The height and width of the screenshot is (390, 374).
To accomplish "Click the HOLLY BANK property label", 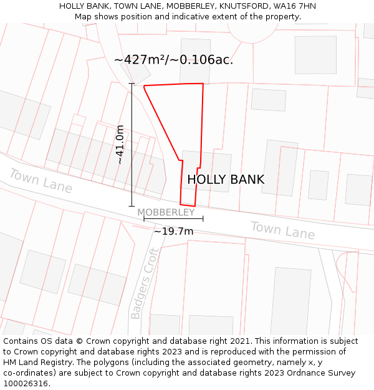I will [226, 180].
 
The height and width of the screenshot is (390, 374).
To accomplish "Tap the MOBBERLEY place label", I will [166, 212].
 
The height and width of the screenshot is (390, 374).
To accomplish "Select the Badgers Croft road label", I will [144, 283].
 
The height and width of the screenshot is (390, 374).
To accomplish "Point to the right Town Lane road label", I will [282, 230].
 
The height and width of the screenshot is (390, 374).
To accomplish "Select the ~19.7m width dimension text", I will [173, 232].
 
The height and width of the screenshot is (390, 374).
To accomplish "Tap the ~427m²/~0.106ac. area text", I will [173, 60].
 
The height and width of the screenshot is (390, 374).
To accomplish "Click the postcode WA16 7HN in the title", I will [294, 6].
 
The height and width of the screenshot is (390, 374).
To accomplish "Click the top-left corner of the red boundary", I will [144, 86].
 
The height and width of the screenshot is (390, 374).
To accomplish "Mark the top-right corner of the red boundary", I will [203, 83].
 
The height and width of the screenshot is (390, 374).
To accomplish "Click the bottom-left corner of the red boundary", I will [180, 204].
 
